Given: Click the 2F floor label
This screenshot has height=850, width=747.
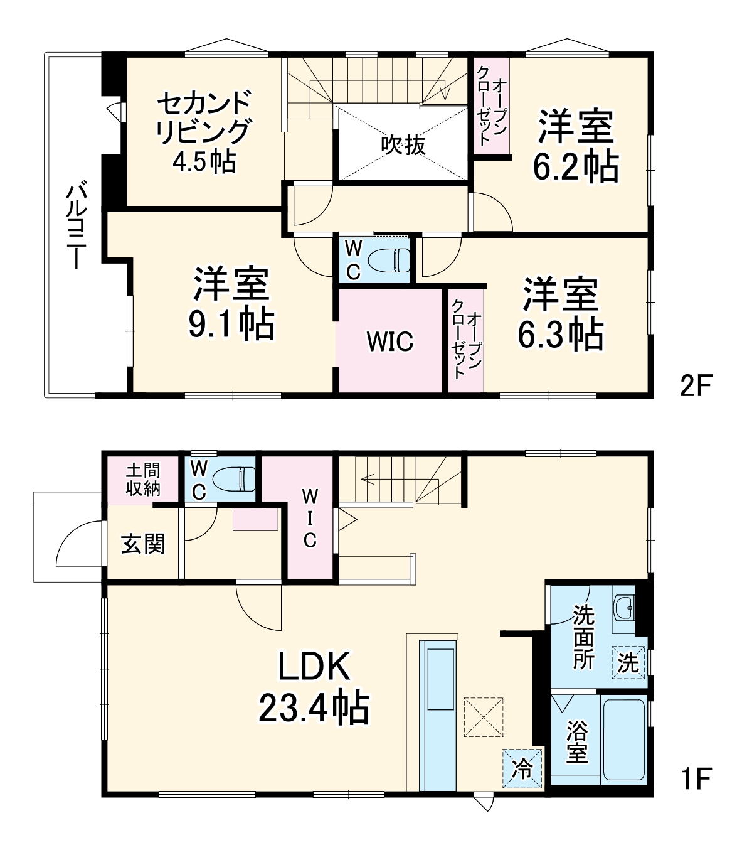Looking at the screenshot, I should pyautogui.click(x=696, y=385).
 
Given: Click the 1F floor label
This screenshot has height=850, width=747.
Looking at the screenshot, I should pyautogui.click(x=696, y=778).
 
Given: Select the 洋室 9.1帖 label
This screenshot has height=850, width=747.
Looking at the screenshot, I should pyautogui.click(x=231, y=303).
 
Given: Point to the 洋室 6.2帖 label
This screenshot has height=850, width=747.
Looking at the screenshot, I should pyautogui.click(x=576, y=146).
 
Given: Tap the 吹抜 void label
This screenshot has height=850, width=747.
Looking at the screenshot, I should pyautogui.click(x=403, y=145).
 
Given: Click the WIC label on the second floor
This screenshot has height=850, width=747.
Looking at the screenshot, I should pyautogui.click(x=390, y=342).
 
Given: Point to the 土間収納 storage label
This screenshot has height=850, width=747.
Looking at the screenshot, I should pyautogui.click(x=143, y=480).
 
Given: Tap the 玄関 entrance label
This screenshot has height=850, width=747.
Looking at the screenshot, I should pyautogui.click(x=143, y=544).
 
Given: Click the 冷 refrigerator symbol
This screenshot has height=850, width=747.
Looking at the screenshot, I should pyautogui.click(x=522, y=768).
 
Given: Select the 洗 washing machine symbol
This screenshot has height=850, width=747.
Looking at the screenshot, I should pyautogui.click(x=628, y=663).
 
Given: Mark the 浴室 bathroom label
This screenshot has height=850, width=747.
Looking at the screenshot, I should pyautogui.click(x=577, y=742).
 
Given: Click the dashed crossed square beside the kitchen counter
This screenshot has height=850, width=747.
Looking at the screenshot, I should pyautogui.click(x=484, y=716).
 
